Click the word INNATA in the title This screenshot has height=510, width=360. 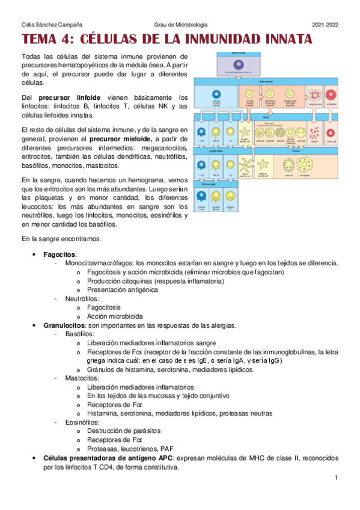[281, 40]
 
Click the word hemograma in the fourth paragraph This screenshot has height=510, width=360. [130, 181]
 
